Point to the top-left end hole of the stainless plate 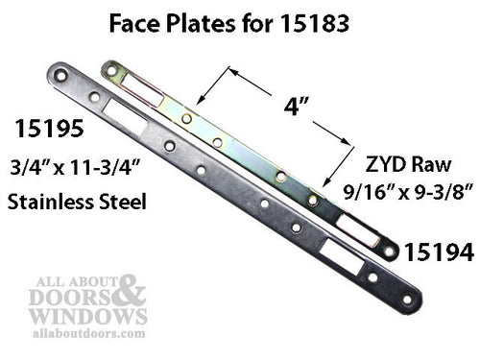tap(60, 73)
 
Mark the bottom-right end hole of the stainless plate tap(407, 299)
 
